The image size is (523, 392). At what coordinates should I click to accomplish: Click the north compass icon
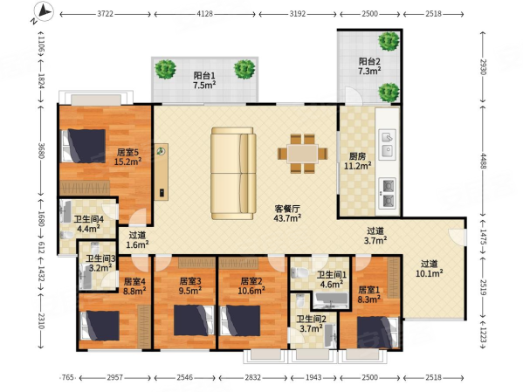coord(44,11)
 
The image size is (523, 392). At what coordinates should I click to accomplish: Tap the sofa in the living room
coord(233,173)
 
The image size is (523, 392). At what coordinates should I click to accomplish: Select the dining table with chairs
coord(302,154)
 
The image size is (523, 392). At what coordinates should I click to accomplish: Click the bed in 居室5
coord(84,146)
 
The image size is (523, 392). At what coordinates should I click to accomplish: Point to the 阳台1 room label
coord(204,75)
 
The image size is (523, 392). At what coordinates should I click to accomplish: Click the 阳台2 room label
coord(369,61)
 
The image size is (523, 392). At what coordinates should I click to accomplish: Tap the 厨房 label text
coord(357,156)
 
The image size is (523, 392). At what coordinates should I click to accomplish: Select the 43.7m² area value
coord(287,218)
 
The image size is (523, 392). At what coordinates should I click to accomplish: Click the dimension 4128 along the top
coord(204,14)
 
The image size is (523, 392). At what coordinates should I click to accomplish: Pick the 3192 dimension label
coord(297,14)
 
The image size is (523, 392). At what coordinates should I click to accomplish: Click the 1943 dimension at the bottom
coord(313,378)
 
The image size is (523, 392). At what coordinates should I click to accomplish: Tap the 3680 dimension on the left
coord(41,151)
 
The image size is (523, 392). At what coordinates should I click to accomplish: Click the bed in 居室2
coord(240,320)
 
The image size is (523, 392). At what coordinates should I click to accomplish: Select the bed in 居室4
coord(100,326)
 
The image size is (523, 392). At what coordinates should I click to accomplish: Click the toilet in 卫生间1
coord(299,273)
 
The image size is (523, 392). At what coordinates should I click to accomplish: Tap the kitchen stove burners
coord(388,194)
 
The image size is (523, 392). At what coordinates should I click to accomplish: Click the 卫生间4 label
coord(88,219)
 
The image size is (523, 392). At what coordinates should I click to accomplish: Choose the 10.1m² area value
coord(429,273)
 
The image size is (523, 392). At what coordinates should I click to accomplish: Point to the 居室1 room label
coord(368,290)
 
